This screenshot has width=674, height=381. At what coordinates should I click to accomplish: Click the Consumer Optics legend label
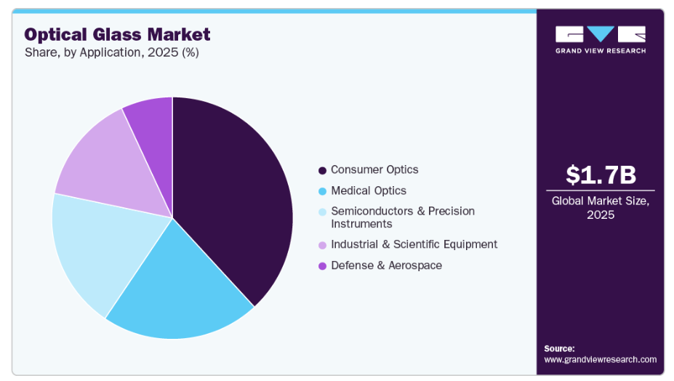click(374, 169)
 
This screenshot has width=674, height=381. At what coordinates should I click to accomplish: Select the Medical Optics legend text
click(369, 190)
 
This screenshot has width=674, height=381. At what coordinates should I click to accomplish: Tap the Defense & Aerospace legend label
click(386, 265)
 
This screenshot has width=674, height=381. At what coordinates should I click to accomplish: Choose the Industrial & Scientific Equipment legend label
click(414, 244)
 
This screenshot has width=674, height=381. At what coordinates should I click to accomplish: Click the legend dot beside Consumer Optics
click(322, 170)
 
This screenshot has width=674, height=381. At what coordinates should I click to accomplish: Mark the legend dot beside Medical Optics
click(322, 191)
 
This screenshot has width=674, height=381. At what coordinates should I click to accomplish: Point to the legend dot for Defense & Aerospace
click(322, 266)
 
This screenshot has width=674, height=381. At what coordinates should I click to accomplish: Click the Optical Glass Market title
click(117, 34)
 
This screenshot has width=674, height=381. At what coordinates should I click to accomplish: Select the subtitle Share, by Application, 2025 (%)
click(112, 52)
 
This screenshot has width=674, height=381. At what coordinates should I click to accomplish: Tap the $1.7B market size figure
click(601, 175)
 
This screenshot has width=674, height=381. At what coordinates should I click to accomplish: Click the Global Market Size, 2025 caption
click(601, 208)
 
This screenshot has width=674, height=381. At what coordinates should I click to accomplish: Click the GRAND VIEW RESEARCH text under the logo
click(601, 51)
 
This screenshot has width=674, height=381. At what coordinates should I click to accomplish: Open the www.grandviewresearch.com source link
click(601, 359)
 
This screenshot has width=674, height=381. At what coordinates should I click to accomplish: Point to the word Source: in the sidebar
click(559, 348)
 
